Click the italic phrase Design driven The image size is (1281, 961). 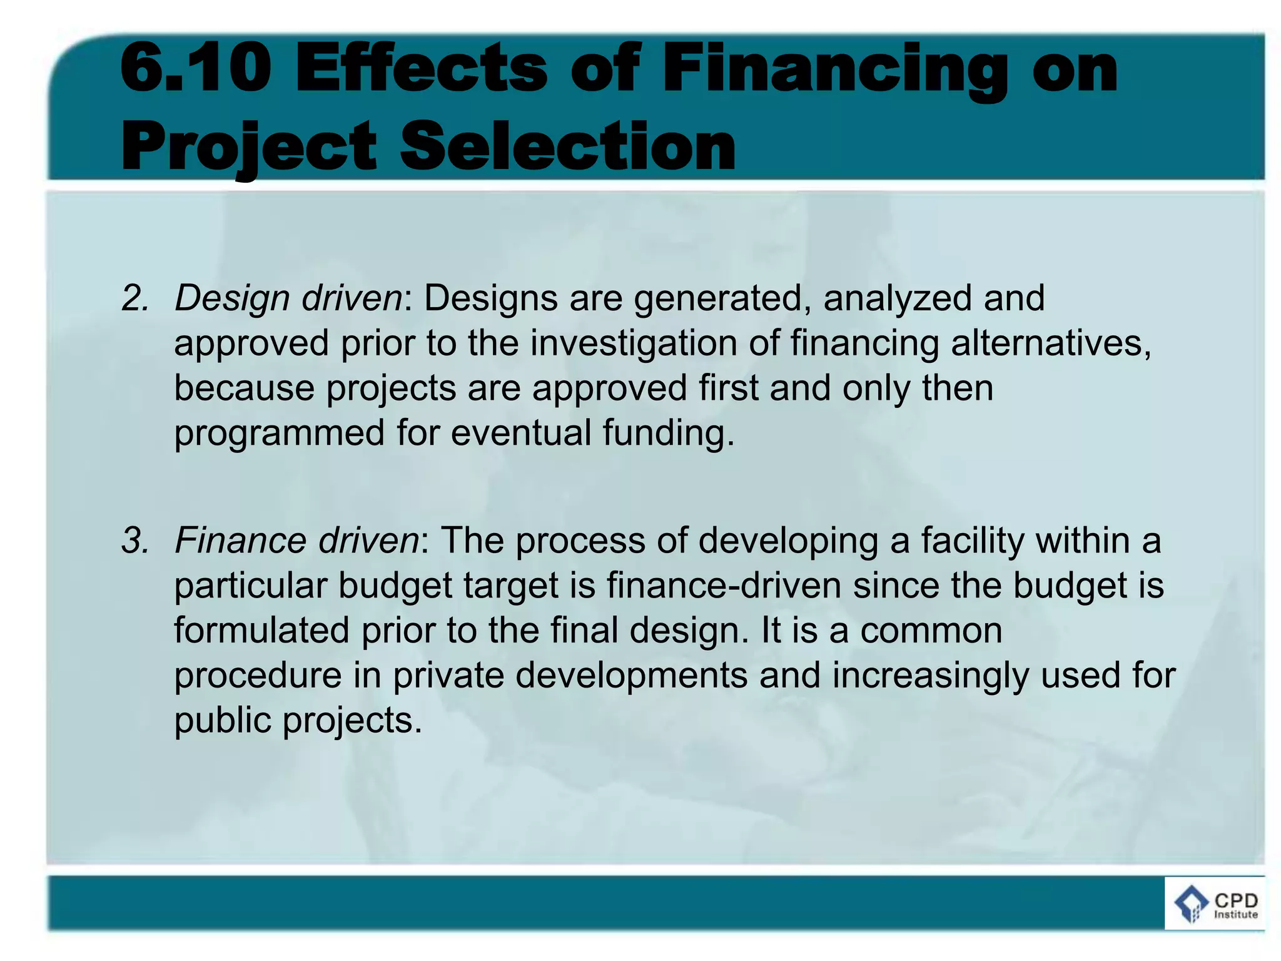288,298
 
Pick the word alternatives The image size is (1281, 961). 1051,343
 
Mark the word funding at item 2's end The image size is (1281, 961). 667,434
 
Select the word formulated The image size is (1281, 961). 261,631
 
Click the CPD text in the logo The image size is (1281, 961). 1236,900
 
